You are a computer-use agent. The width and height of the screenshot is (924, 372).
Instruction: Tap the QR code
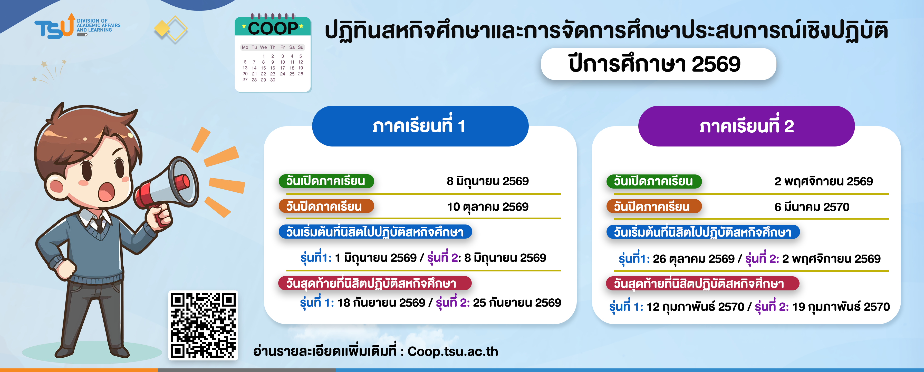[x=203, y=325]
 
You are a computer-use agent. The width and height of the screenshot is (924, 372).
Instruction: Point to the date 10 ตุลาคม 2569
[x=487, y=207]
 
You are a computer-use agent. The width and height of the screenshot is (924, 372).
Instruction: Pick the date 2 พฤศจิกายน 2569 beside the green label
[x=824, y=181]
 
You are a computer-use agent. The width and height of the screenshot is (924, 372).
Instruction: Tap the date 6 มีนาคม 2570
[x=812, y=207]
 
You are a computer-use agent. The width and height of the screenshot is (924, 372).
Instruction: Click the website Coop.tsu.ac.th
[x=453, y=351]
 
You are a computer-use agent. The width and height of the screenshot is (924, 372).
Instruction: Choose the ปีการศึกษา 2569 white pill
[x=659, y=64]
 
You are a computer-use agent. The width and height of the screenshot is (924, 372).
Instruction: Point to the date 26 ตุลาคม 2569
[x=693, y=259]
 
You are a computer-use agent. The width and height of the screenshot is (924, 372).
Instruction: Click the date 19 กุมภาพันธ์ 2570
[x=841, y=307]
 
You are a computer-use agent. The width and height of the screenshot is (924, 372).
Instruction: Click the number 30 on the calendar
[x=273, y=80]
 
